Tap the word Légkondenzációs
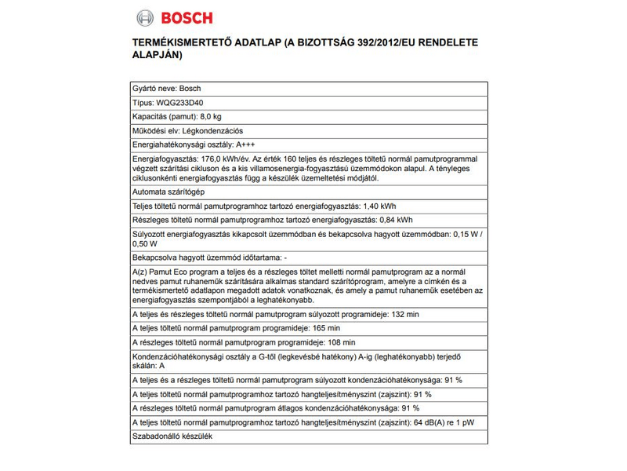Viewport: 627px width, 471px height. pos(212,131)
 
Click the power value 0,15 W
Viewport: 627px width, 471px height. pos(469,235)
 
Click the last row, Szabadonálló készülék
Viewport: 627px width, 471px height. pos(173,436)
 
